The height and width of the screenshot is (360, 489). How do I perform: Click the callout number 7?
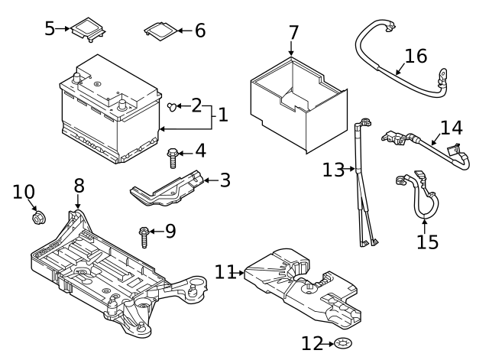point(293,33)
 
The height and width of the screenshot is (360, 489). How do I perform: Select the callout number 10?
point(24,192)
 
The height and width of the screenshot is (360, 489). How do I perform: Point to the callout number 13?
point(333,170)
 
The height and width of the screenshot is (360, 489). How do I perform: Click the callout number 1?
point(222,115)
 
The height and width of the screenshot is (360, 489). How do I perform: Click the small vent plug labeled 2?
point(172,105)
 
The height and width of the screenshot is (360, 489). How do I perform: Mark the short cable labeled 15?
point(420,200)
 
